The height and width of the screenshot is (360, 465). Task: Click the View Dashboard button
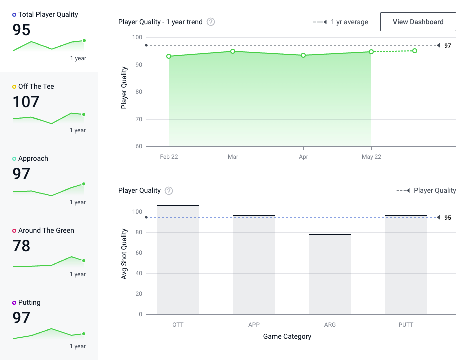coord(418,22)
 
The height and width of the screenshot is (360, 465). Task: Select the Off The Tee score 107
coord(26,102)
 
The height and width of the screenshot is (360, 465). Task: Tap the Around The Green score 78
coord(21,246)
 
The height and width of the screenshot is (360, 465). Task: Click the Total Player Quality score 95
coord(21,30)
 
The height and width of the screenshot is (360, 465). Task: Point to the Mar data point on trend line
coord(233,51)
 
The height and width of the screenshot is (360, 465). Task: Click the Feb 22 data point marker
coord(169,56)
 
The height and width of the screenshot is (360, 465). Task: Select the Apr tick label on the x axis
coord(303,157)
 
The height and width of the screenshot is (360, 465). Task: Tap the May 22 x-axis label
coord(371,157)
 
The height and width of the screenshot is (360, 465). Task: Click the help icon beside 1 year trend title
coord(211,22)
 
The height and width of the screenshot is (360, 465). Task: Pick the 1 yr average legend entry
coord(341,22)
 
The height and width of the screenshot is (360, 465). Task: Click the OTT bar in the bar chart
coord(178,260)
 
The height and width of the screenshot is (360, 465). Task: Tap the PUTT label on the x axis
coord(406,325)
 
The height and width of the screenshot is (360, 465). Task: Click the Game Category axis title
coord(287,337)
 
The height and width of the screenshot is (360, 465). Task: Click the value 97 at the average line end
coord(448,46)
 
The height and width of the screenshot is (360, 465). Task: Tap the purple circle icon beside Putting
coord(14,303)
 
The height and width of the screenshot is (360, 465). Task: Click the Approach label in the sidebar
coord(33,158)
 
